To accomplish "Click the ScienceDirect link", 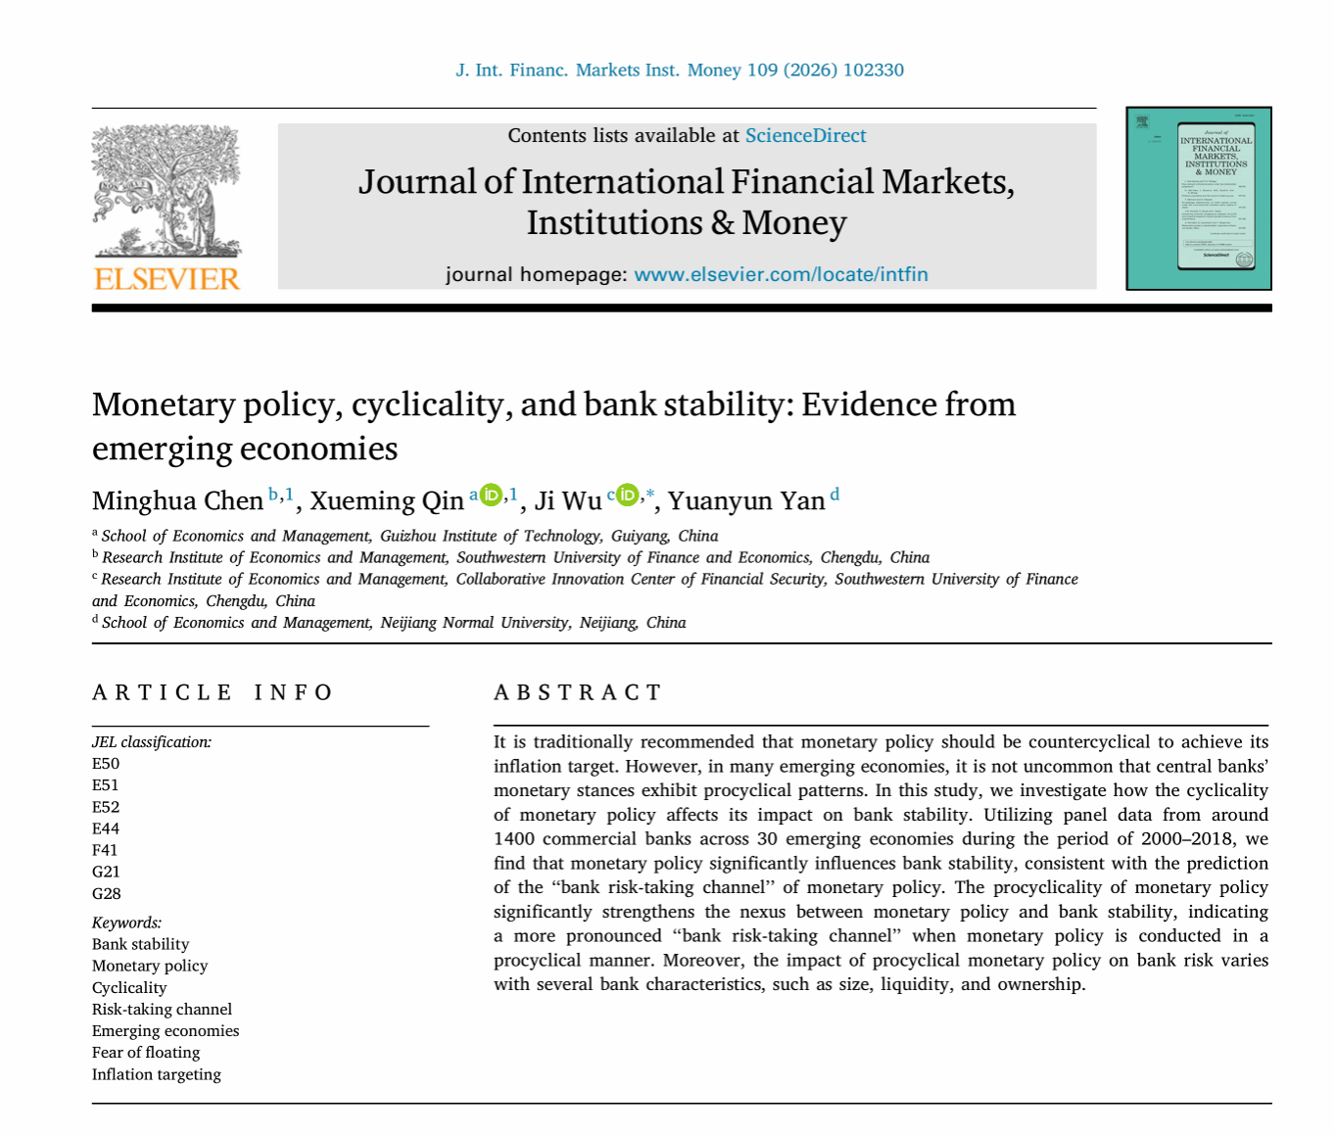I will coord(805,136).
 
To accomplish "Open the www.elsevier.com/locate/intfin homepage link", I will coord(781,274).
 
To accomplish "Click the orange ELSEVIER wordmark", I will coord(167,279).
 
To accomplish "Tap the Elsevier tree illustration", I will coord(167,191).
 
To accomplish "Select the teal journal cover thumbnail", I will coord(1198,199).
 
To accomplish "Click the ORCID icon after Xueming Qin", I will coord(491,495).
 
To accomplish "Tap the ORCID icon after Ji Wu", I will coord(627,495).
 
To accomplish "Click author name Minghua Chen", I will coord(177,501).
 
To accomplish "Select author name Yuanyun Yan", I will coord(746,501).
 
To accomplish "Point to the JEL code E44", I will coord(106,828).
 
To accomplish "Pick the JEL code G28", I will coord(107,893).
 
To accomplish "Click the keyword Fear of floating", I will coord(146,1053).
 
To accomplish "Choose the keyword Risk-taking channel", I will coord(162,1010).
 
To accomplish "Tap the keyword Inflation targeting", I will coord(157,1074).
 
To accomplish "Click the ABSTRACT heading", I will coord(578,693).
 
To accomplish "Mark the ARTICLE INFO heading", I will coord(213,693).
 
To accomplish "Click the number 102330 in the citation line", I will coord(873,71).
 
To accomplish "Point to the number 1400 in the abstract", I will coord(513,839).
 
